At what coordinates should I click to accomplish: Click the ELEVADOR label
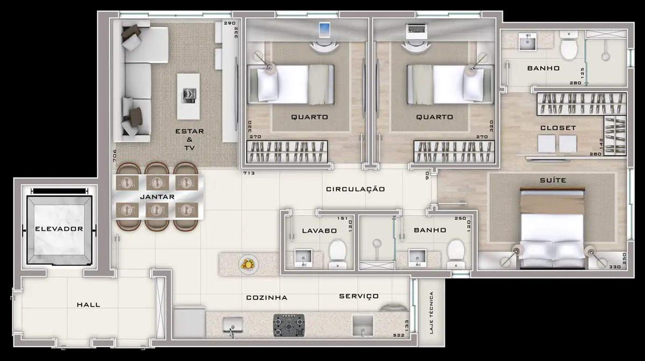[x=59, y=229]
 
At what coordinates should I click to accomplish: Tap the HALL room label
[x=88, y=305]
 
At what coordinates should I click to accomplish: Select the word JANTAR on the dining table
[x=157, y=197]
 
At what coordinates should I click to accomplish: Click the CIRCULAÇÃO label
[x=356, y=189]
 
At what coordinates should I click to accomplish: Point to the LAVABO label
[x=319, y=230]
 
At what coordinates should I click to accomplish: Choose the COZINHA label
[x=267, y=298]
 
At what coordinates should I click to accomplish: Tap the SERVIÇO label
[x=359, y=296]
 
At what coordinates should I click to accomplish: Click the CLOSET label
[x=558, y=128]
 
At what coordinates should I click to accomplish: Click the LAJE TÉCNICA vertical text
[x=431, y=313]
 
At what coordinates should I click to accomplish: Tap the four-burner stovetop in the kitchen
[x=289, y=324]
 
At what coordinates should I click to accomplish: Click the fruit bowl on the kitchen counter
[x=248, y=264]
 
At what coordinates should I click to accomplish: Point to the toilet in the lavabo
[x=338, y=252]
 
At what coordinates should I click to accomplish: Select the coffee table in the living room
[x=188, y=96]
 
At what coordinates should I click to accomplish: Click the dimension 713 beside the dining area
[x=248, y=174]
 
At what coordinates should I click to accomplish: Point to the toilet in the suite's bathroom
[x=569, y=47]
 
